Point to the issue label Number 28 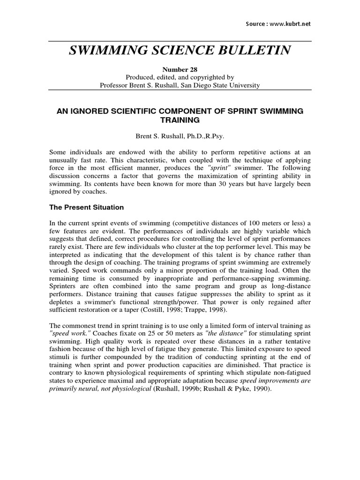click(x=180, y=69)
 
